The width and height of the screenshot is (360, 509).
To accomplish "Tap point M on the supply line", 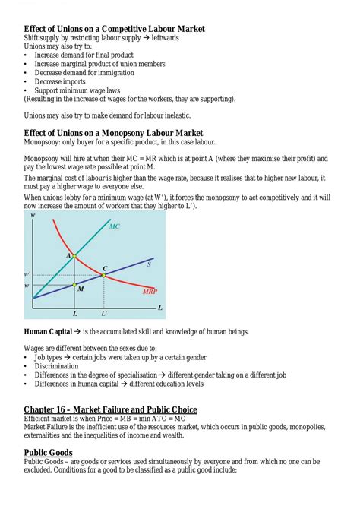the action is pyautogui.click(x=74, y=285).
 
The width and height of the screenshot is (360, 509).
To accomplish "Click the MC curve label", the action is pyautogui.click(x=114, y=226).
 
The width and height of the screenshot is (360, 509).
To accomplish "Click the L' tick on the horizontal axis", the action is pyautogui.click(x=104, y=313).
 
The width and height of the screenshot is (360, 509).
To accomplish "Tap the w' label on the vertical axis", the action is pyautogui.click(x=27, y=273).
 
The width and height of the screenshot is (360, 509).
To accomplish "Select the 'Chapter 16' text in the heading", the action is pyautogui.click(x=54, y=409).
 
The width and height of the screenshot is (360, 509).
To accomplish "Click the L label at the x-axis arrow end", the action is pyautogui.click(x=160, y=308).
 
